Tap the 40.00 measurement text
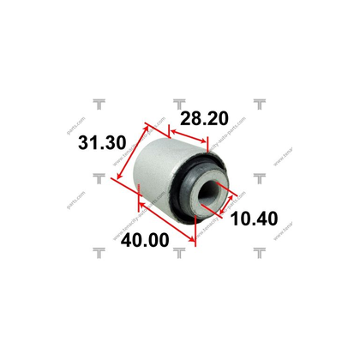142,241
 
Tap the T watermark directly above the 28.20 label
180,104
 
